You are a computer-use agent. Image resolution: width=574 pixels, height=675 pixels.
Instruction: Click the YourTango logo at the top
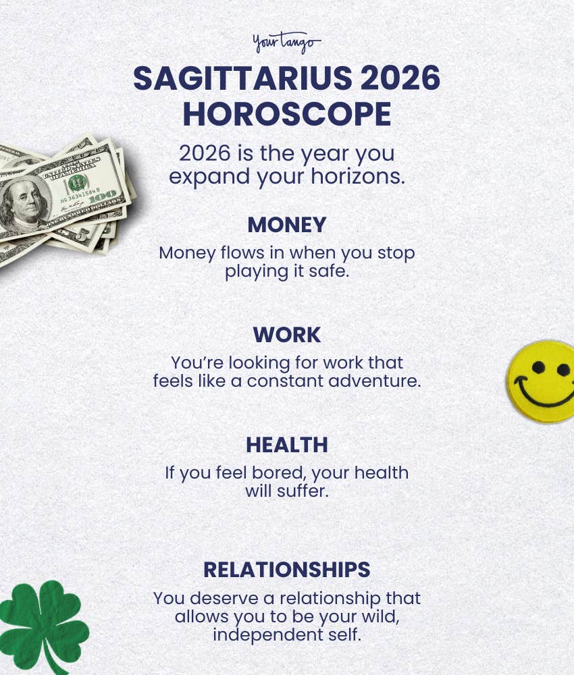[x=287, y=44]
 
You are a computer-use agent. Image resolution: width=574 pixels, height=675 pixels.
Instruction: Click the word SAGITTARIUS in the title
[x=242, y=80]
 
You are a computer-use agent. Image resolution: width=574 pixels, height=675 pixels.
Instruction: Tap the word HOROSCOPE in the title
[x=287, y=115]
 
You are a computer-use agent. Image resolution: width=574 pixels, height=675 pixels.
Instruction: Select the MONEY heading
[x=287, y=225]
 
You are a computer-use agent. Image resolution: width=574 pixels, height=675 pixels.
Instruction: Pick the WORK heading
[x=287, y=335]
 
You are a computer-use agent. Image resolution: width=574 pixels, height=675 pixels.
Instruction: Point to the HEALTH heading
[x=287, y=445]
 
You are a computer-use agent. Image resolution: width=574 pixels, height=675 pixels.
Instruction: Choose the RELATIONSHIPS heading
[x=287, y=570]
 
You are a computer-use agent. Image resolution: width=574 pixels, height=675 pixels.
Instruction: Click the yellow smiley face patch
[x=543, y=381]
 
